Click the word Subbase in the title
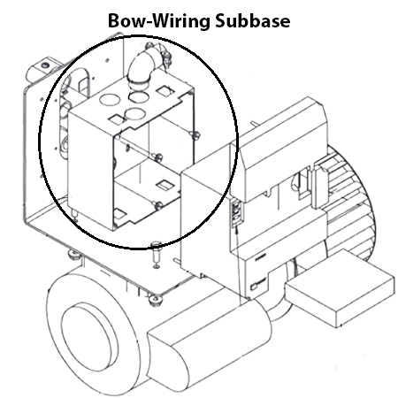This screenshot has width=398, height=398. (250, 20)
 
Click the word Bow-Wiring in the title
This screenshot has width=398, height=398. (156, 20)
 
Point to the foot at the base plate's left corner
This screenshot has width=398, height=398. (71, 256)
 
